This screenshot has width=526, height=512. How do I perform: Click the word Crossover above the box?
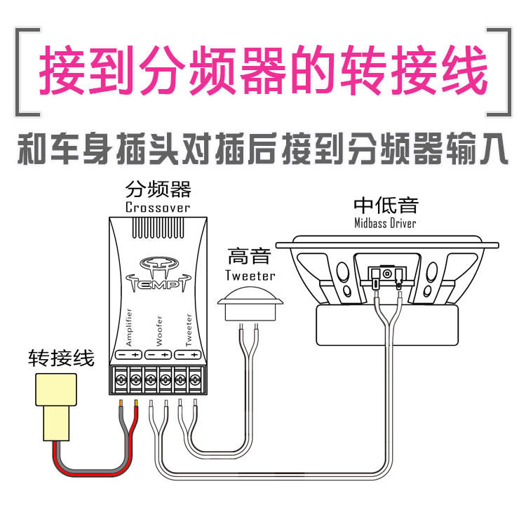click(158, 207)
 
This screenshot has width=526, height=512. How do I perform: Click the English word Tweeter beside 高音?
click(250, 275)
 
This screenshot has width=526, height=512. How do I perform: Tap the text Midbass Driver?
click(385, 223)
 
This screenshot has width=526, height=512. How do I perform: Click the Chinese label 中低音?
click(386, 205)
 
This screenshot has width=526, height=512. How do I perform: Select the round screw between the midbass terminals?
click(386, 273)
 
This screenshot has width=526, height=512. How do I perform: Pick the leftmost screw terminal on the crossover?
click(121, 379)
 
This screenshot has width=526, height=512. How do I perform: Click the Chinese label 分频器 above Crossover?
click(158, 189)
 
